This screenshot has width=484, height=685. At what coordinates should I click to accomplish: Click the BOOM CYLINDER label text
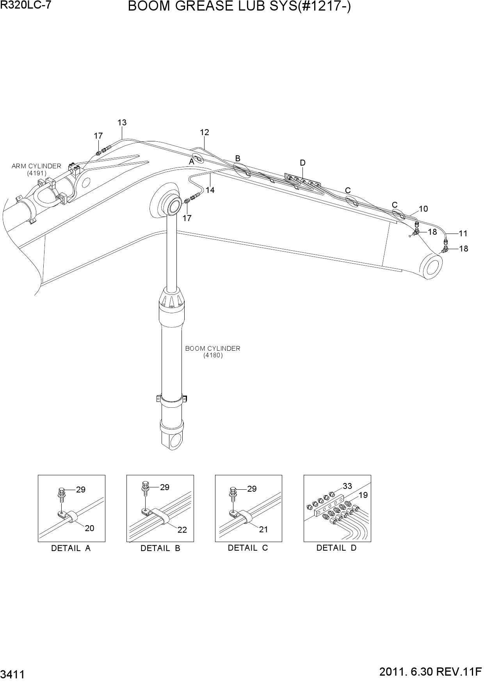[x=213, y=348]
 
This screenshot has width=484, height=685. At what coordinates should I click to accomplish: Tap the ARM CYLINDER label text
[x=36, y=166]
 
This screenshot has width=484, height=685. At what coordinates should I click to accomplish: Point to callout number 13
[x=122, y=123]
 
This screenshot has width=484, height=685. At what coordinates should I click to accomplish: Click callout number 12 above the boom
[x=205, y=132]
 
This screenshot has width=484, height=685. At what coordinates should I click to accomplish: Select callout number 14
[x=210, y=190]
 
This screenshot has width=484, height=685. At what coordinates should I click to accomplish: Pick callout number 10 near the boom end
[x=423, y=209]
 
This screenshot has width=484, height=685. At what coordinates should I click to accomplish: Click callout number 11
[x=463, y=234]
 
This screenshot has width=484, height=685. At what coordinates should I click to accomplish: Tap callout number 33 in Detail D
[x=347, y=486]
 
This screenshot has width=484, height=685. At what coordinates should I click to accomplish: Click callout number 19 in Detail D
[x=363, y=495]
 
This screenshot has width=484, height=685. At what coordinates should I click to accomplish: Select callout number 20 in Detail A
[x=89, y=528]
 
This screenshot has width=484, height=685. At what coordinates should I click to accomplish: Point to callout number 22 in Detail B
[x=182, y=530]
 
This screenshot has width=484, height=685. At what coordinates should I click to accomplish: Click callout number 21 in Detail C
[x=263, y=530]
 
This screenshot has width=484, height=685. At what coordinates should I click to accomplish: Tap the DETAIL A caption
[x=71, y=548]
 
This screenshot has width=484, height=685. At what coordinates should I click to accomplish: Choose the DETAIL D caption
[x=336, y=548]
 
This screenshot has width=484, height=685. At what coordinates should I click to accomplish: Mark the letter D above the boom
[x=302, y=163]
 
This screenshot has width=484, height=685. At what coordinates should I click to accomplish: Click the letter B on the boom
[x=237, y=158]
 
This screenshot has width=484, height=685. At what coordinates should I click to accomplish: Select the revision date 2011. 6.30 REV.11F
[x=431, y=672]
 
